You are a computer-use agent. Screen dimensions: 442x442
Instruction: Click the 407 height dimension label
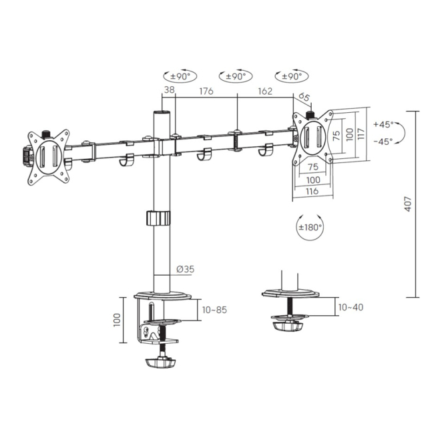pyautogui.click(x=408, y=204)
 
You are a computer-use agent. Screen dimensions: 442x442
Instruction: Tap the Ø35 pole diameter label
pyautogui.click(x=186, y=269)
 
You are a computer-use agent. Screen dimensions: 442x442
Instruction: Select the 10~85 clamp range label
pyautogui.click(x=214, y=310)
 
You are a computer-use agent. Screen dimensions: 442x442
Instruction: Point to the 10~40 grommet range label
pyautogui.click(x=351, y=307)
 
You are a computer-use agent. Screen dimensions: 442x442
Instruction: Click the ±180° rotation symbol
pyautogui.click(x=310, y=227)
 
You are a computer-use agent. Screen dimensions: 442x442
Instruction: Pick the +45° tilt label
pyautogui.click(x=384, y=124)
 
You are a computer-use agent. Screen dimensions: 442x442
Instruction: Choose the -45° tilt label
pyautogui.click(x=383, y=142)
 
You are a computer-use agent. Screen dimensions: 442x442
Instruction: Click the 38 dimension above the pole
pyautogui.click(x=169, y=89)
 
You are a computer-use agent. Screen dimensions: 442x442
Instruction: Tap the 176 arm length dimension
pyautogui.click(x=206, y=91)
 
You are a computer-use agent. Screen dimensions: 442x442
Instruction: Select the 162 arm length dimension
pyautogui.click(x=265, y=91)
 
